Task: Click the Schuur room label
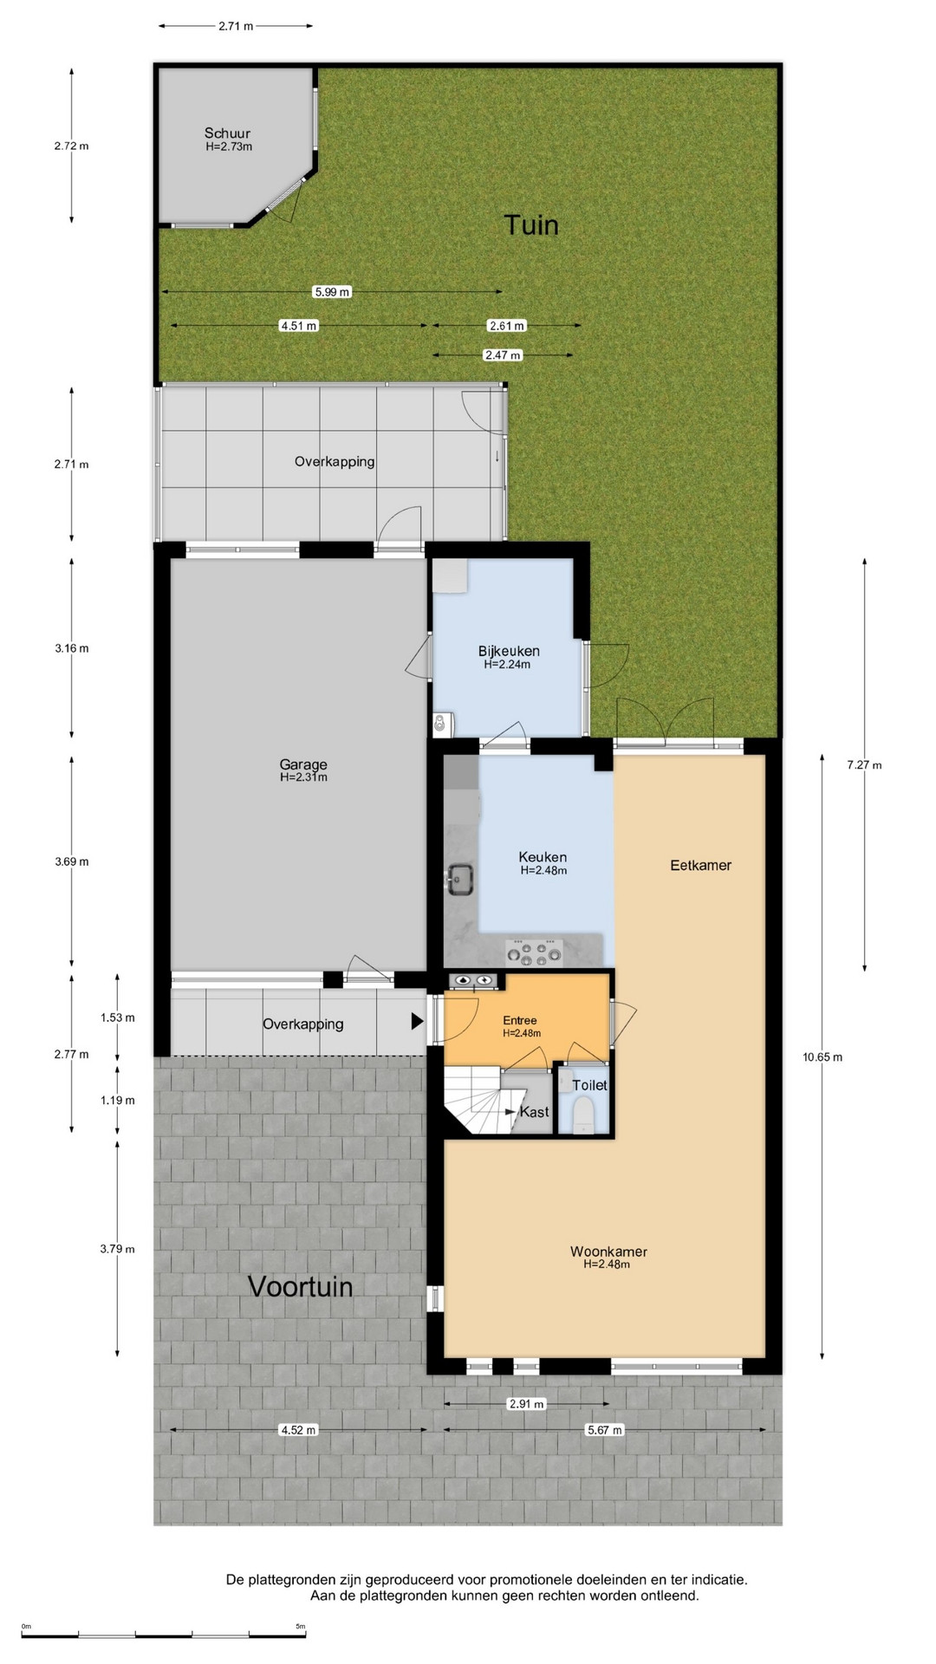click(x=227, y=133)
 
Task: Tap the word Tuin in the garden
click(x=531, y=225)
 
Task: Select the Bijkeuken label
click(x=509, y=651)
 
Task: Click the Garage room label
click(x=303, y=764)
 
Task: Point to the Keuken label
click(x=543, y=857)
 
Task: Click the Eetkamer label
click(x=701, y=865)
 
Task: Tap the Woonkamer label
click(x=608, y=1251)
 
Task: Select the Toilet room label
click(x=590, y=1085)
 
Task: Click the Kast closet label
click(x=535, y=1112)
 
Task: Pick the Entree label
click(x=520, y=1021)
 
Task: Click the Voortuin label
click(x=301, y=1286)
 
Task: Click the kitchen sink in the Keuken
click(x=459, y=880)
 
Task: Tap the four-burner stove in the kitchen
click(x=534, y=952)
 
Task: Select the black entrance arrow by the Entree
click(x=417, y=1022)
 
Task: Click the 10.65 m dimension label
click(x=822, y=1056)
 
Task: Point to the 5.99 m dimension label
click(x=332, y=292)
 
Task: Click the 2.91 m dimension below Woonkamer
click(x=527, y=1404)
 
